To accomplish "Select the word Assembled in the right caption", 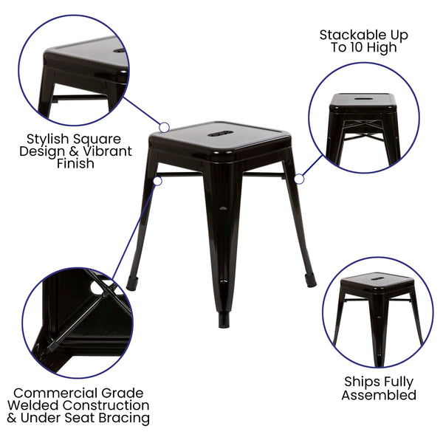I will (378, 395).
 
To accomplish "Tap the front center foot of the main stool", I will (223, 322).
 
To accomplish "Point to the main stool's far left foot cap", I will (132, 283).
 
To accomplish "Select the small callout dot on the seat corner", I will (165, 128).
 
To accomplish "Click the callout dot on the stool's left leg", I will (157, 179).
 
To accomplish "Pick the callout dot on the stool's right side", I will (299, 179).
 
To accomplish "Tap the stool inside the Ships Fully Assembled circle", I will (377, 310).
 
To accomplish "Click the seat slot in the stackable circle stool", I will (363, 97).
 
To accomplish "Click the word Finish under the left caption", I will (75, 164).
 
